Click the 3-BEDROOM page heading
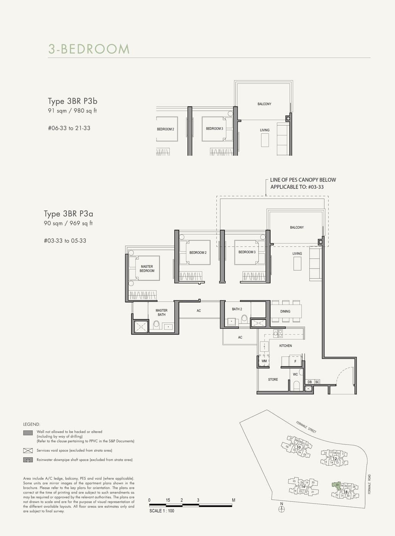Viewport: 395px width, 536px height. point(89,49)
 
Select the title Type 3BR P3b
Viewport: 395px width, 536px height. point(73,101)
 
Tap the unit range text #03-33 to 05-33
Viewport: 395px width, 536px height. point(65,241)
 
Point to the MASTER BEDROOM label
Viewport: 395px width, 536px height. point(147,269)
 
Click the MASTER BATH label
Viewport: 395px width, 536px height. point(161,312)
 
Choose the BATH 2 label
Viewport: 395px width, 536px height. point(237,309)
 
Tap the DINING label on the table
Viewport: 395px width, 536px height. point(285,311)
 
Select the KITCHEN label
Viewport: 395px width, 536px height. point(285,346)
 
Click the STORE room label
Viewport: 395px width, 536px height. point(273,380)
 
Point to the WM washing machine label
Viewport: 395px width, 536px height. point(264,361)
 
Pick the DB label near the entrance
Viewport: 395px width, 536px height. point(310,382)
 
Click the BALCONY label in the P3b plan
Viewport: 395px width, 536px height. point(264,104)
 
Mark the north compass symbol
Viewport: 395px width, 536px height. point(282,509)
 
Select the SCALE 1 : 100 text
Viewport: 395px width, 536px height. point(161,511)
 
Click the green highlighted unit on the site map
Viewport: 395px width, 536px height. point(336,486)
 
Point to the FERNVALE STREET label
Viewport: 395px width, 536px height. point(306,427)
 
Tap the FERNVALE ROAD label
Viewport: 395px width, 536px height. point(369,484)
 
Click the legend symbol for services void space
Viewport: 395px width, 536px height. point(28,451)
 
